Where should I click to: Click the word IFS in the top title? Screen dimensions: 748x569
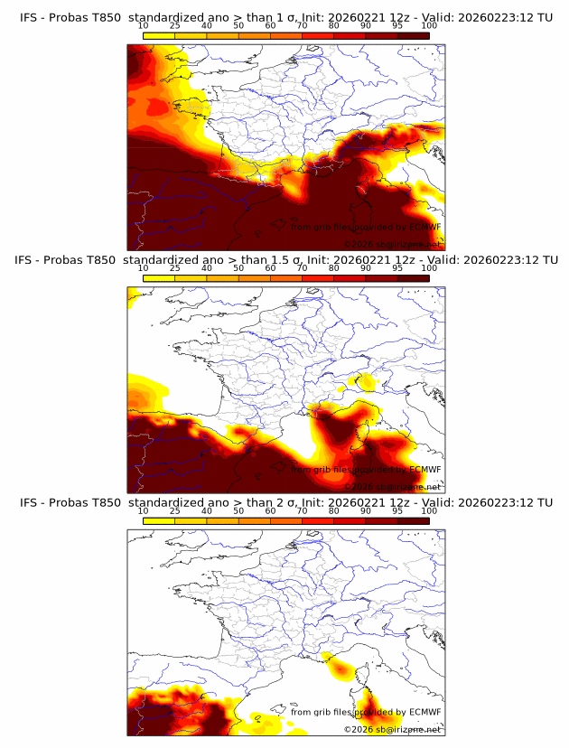tap(29, 17)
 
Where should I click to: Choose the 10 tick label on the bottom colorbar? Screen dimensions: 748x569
tap(144, 511)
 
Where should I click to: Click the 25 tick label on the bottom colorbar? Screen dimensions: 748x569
tap(175, 511)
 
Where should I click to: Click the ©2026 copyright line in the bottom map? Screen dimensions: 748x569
tap(392, 729)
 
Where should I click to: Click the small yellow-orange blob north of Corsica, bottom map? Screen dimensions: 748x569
tap(340, 669)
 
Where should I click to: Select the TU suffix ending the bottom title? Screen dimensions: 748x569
tap(544, 503)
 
